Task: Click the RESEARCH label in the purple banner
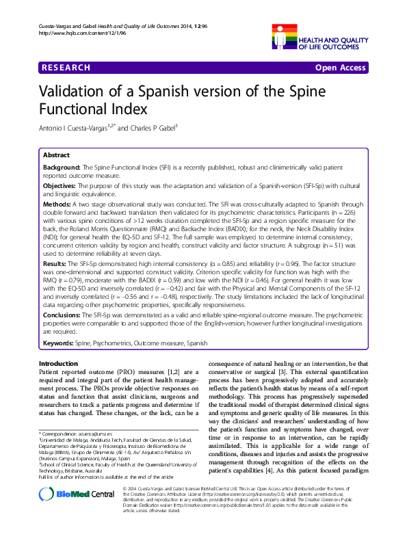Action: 66,68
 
